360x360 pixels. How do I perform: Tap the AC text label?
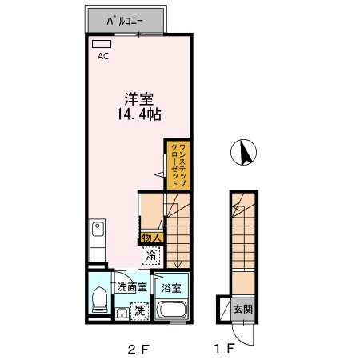tap(103, 57)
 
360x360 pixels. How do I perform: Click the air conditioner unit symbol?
tap(102, 45)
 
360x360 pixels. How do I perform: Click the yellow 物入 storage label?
tap(152, 237)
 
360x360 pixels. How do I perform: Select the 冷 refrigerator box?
tap(151, 255)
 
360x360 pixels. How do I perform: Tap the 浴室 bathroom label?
tap(170, 286)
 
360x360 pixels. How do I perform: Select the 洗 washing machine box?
tap(138, 310)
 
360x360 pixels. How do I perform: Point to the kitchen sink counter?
tap(97, 240)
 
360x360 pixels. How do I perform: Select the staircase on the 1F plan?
tap(242, 240)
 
